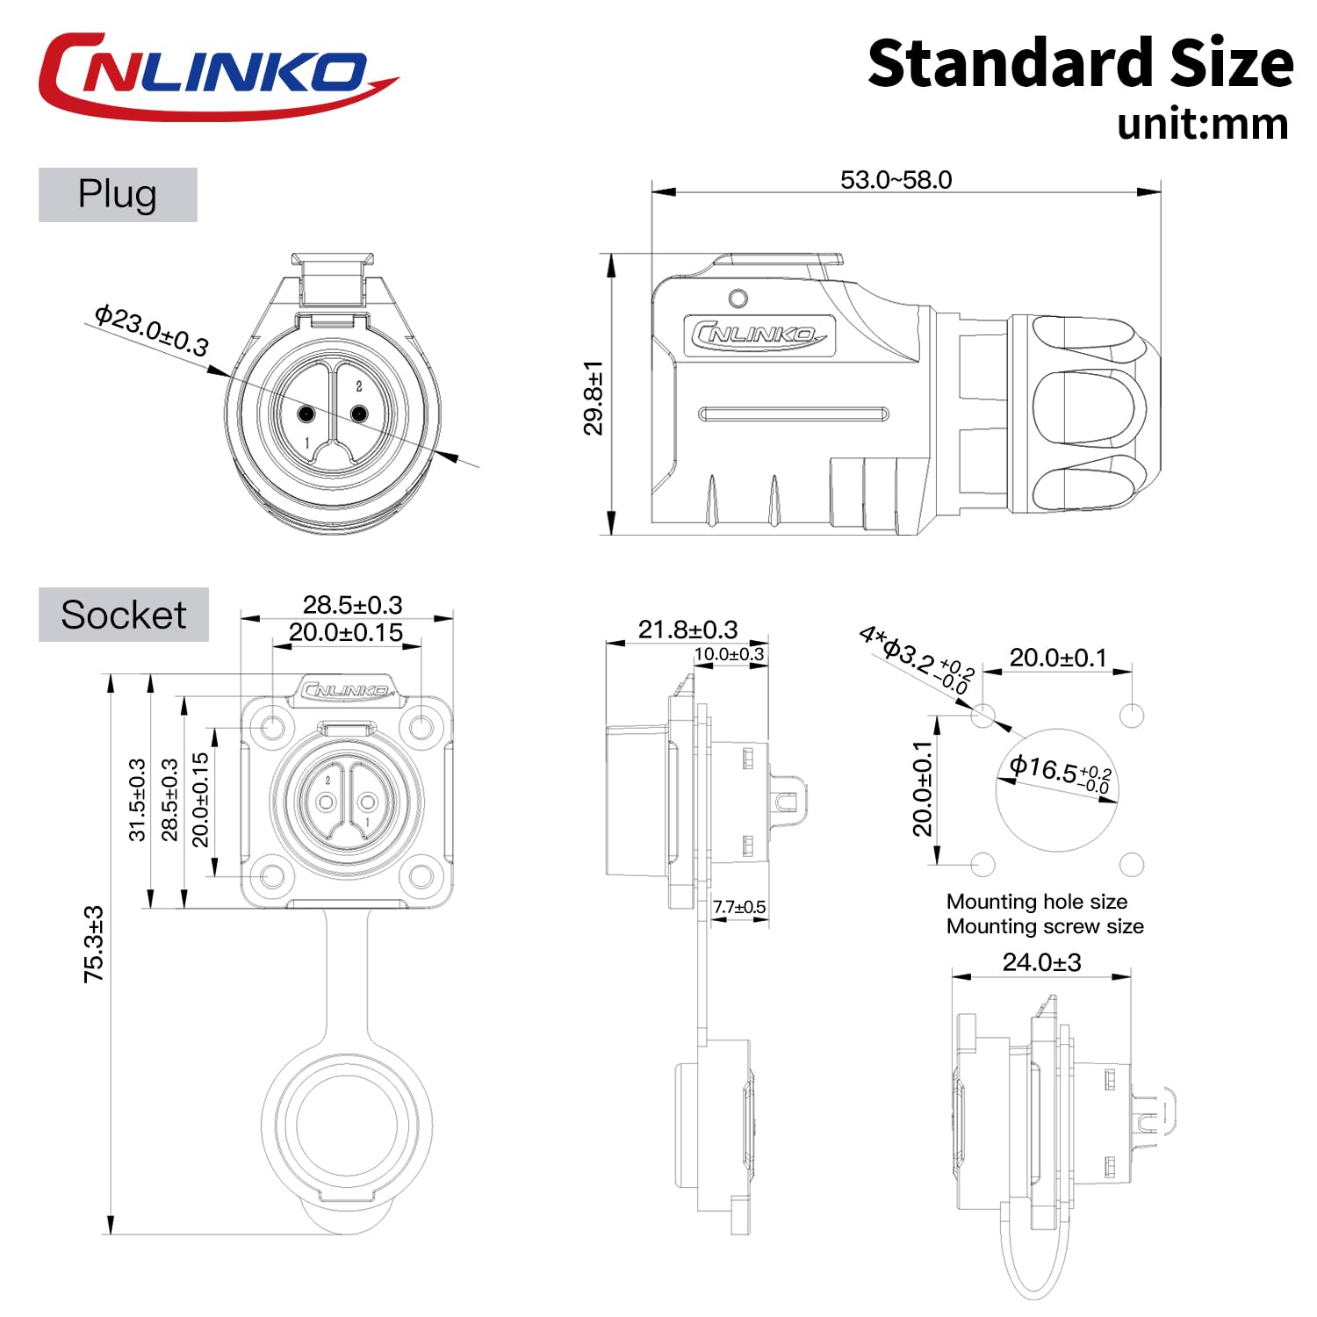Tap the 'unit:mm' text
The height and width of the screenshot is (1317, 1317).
pos(1203,125)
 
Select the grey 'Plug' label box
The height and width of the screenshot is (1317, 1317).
pos(118,195)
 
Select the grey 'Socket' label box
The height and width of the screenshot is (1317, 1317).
pos(124,615)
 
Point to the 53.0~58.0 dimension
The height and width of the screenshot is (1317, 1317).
pos(896,180)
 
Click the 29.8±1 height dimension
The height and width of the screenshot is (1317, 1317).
pos(594,398)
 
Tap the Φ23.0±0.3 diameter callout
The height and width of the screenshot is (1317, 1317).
pos(152,330)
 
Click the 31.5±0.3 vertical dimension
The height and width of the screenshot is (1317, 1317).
pos(138,800)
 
